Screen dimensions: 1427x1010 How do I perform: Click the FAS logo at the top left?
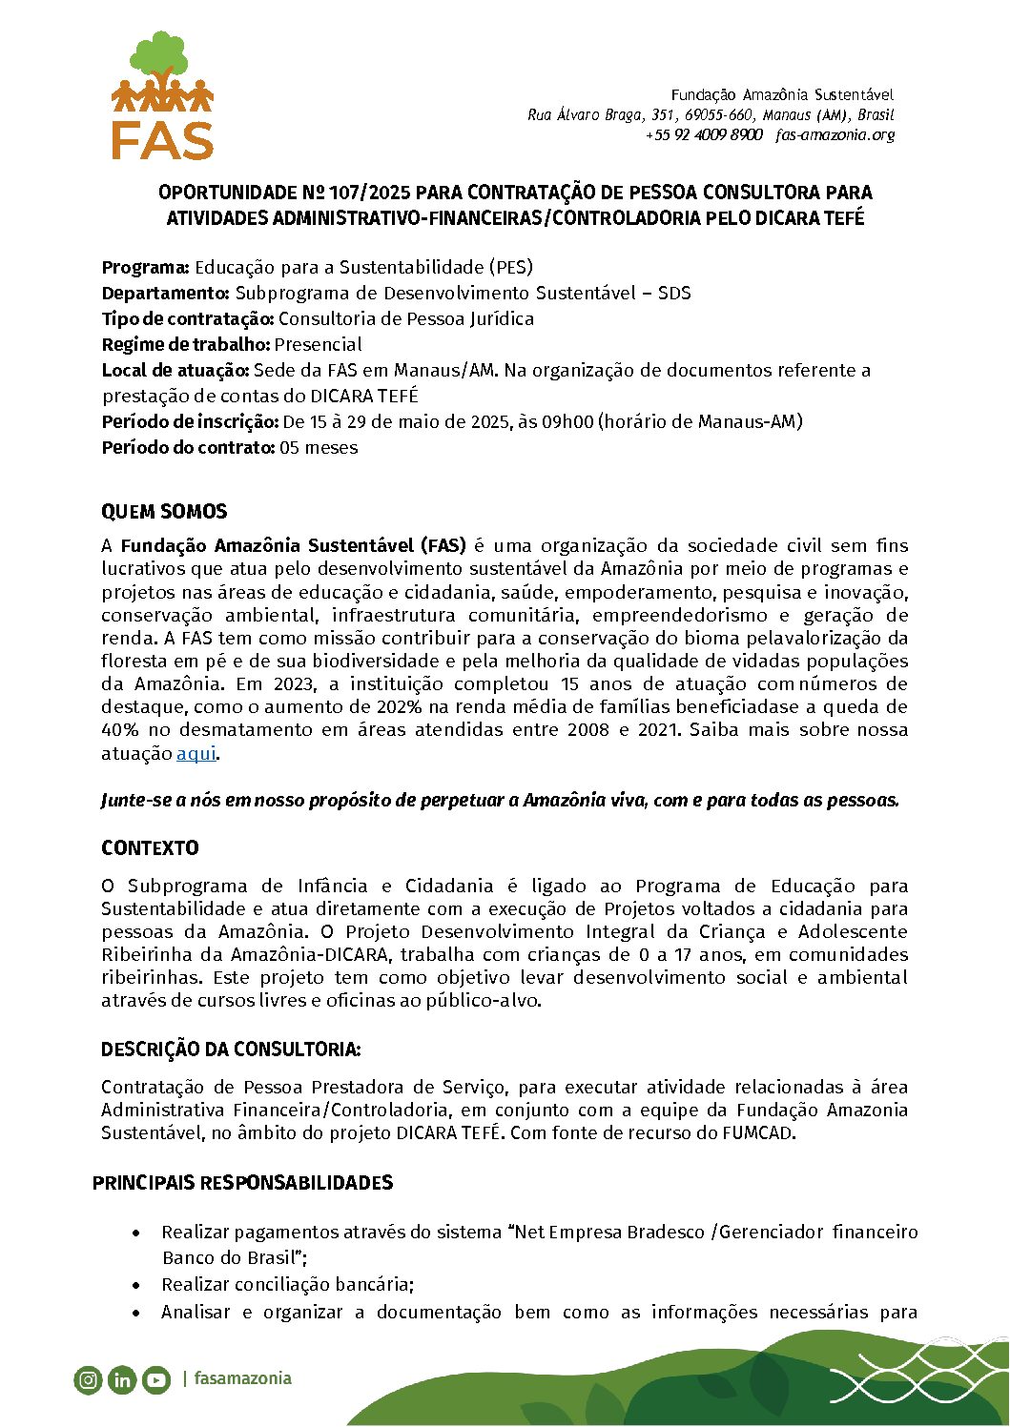tap(163, 95)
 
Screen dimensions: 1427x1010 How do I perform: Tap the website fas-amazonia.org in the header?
tap(835, 135)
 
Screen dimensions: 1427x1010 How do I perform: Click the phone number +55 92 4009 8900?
tap(704, 135)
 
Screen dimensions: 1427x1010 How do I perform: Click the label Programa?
tap(146, 267)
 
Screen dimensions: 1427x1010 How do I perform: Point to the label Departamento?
tap(166, 293)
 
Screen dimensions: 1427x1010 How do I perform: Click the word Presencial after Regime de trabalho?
tap(319, 344)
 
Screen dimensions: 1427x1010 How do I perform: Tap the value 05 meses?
tap(319, 447)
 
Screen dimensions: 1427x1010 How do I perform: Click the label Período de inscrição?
tap(190, 421)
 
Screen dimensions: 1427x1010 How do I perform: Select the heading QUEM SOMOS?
tap(164, 512)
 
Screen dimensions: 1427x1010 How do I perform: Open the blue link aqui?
tap(196, 753)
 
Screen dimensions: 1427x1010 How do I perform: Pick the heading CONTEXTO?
tap(150, 848)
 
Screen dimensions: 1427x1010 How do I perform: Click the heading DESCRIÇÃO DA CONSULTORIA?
tap(231, 1050)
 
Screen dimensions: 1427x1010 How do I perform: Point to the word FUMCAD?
tap(757, 1132)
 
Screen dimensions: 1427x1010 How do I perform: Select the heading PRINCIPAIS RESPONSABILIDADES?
tap(242, 1183)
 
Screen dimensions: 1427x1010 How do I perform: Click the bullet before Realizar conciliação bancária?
tap(138, 1285)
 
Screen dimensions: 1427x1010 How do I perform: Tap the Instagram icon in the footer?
tap(88, 1379)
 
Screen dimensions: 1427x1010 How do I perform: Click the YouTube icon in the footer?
tap(156, 1379)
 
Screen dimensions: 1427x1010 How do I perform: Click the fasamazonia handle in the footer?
tap(242, 1378)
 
